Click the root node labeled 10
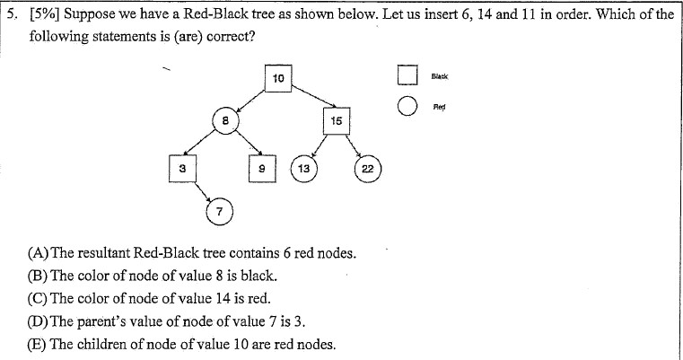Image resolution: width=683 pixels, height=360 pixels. click(278, 78)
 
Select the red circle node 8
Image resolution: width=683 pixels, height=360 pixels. click(227, 120)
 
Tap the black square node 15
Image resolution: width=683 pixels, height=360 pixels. click(335, 120)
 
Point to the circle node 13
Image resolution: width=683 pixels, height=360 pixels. click(304, 169)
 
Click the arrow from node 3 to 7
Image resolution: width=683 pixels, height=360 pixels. click(199, 192)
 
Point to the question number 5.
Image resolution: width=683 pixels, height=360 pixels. click(12, 15)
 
